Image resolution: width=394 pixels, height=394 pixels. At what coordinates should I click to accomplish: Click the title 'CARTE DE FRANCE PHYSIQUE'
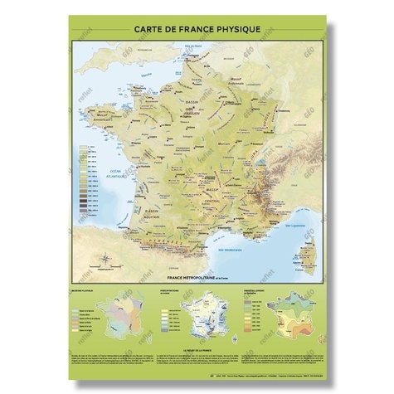[197, 29]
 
